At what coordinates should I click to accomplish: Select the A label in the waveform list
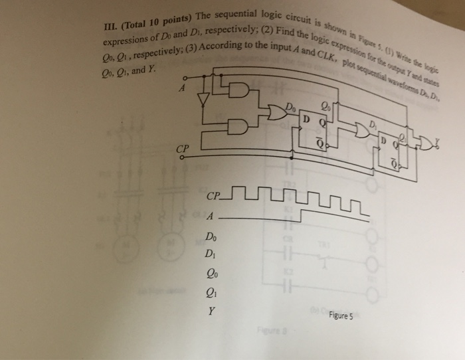(x=211, y=217)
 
